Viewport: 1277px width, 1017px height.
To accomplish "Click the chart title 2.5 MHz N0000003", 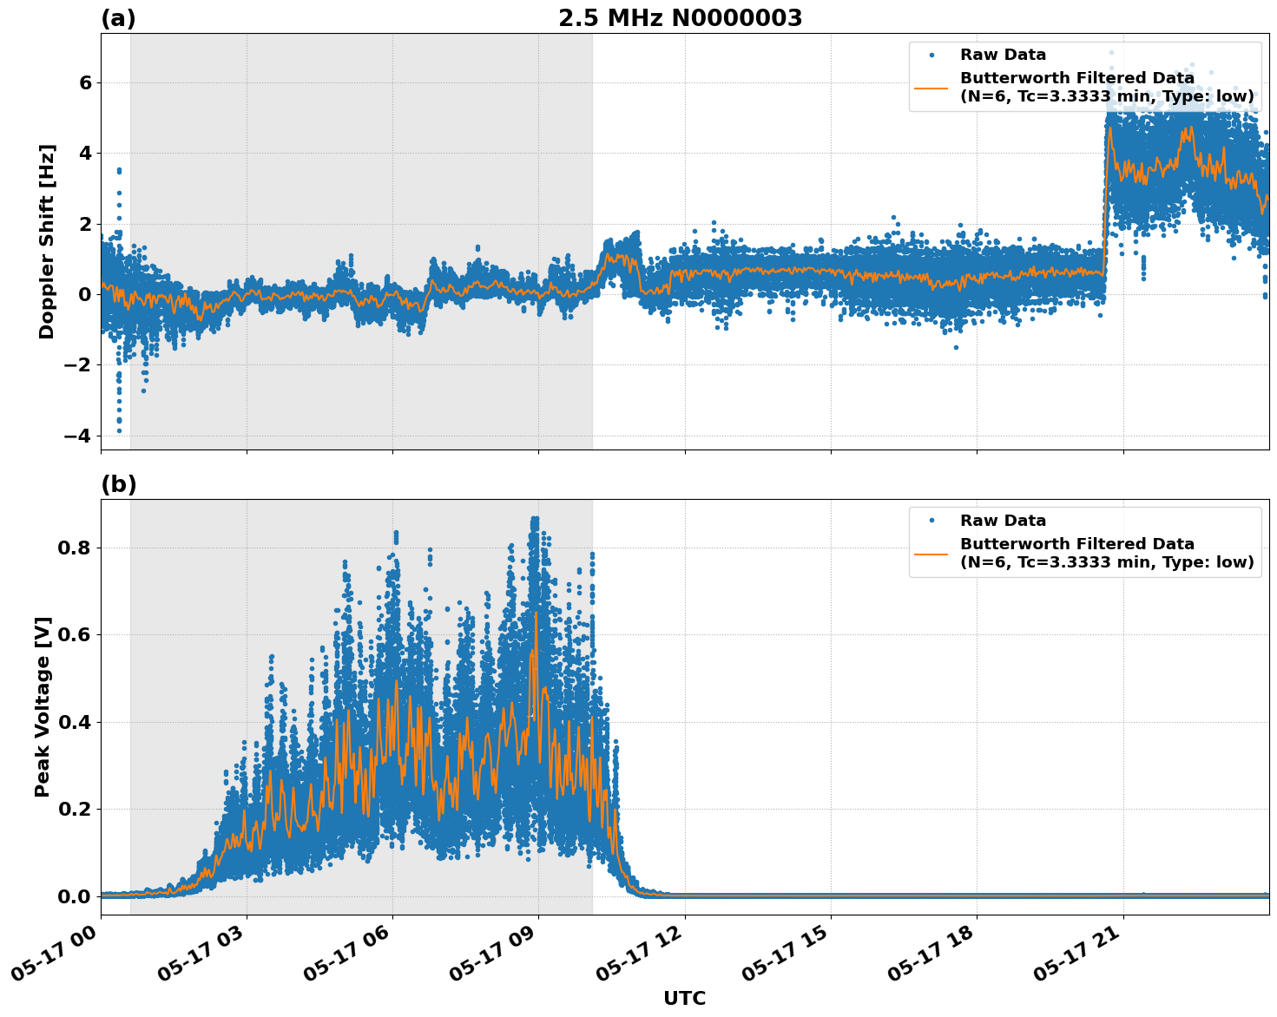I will (x=680, y=18).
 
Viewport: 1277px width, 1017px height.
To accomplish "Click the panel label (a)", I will (x=118, y=18).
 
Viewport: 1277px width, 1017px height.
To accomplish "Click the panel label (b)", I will (x=118, y=484).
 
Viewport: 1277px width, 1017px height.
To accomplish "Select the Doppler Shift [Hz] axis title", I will (x=47, y=241).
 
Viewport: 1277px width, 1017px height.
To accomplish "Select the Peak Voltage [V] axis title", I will (x=43, y=706).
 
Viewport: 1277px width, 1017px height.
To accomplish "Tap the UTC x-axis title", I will (x=684, y=998).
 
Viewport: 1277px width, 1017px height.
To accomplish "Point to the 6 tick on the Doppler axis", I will (x=85, y=82).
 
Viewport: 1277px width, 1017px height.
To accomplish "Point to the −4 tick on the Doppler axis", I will (x=78, y=435).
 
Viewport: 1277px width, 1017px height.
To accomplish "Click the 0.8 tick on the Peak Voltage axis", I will (x=76, y=548).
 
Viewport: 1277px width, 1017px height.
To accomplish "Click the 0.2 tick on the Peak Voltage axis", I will (x=76, y=809).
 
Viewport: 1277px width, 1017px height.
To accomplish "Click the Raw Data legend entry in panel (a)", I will (x=1003, y=55).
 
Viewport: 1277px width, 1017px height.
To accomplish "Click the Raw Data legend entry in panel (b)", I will (x=1003, y=521).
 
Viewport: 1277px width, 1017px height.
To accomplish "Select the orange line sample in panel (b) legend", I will (x=931, y=553).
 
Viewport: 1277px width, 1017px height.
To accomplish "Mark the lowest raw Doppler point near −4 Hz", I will (x=119, y=430).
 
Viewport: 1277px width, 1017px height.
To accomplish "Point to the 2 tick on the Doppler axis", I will (x=85, y=223).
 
